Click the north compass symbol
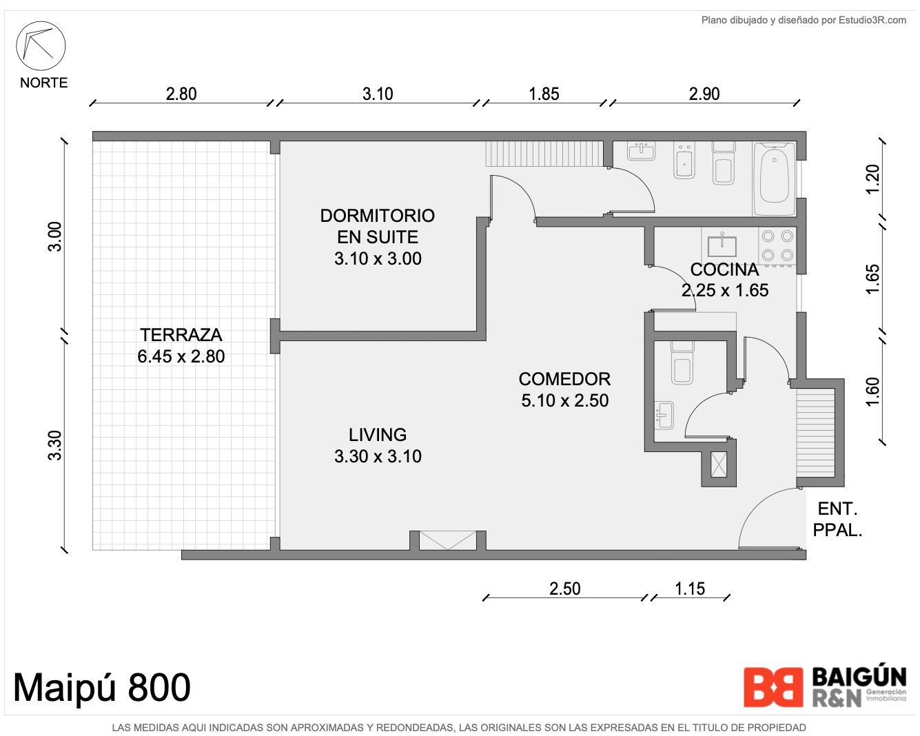click(41, 45)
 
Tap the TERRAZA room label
click(181, 335)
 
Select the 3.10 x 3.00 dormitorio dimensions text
click(378, 258)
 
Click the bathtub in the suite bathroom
click(774, 179)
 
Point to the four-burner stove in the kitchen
click(777, 245)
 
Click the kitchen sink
click(722, 245)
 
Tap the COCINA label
click(724, 269)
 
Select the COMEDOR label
click(564, 379)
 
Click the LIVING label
click(378, 434)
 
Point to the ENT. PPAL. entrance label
click(837, 520)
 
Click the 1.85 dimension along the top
click(544, 94)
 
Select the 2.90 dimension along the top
click(704, 94)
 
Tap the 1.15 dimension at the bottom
click(690, 589)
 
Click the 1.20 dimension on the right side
click(872, 179)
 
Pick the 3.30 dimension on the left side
click(54, 445)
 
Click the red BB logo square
click(773, 687)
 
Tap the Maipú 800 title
click(102, 688)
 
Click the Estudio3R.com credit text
click(872, 20)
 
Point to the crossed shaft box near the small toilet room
click(718, 464)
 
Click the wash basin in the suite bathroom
click(642, 152)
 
